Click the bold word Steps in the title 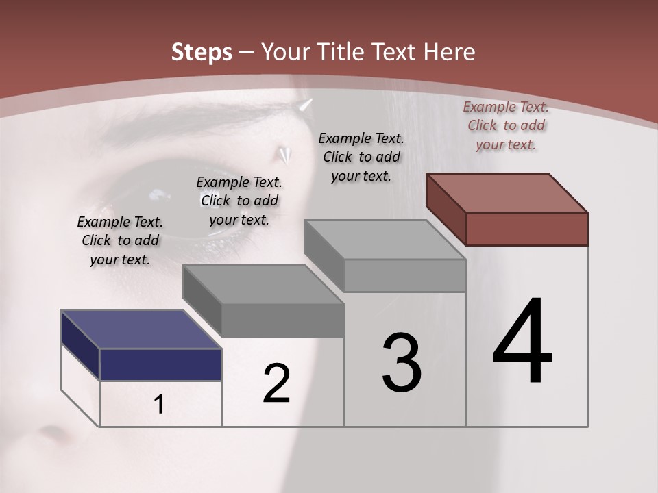point(202,52)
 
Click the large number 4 point(522,342)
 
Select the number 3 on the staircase point(401,363)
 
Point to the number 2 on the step point(276,383)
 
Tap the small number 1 point(159,405)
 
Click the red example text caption point(506,125)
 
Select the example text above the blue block point(120,240)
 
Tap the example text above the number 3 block point(361,157)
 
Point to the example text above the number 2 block point(239,201)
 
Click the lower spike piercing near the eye point(284,155)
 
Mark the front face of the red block point(526,229)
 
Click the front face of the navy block point(160,364)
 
